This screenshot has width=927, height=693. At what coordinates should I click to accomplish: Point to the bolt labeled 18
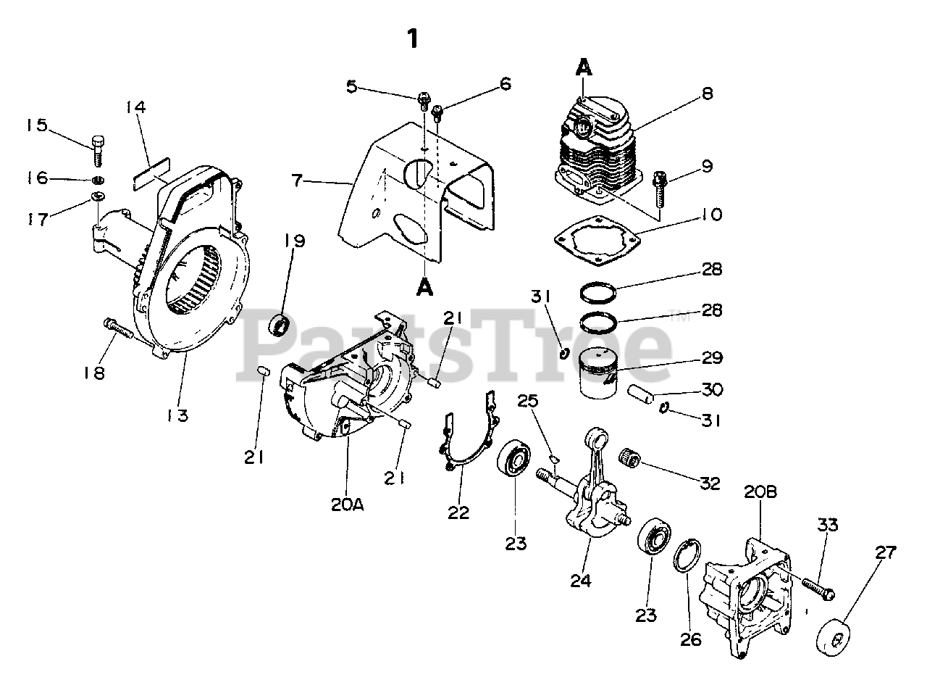pos(119,328)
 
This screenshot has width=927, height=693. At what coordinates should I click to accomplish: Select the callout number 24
pos(580,580)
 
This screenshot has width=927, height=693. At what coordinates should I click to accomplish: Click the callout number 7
pos(297,180)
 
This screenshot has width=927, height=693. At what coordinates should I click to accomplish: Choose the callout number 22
pos(458,513)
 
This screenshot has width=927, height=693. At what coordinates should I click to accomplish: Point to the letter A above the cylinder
pos(584,67)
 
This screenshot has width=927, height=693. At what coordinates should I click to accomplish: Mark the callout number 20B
pos(760,492)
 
